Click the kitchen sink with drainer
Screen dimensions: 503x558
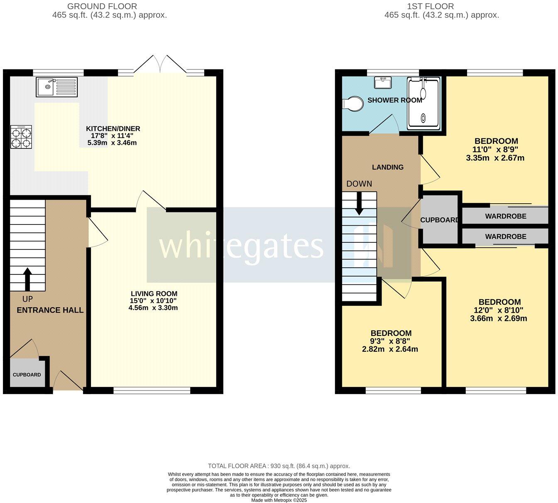tap(56, 86)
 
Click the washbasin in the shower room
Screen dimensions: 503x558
tap(382, 83)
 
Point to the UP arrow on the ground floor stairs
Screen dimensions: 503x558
tap(27, 279)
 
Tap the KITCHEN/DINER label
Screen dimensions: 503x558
tap(113, 128)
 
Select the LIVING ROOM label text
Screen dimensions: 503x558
tap(154, 293)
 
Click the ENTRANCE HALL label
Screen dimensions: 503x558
tap(50, 310)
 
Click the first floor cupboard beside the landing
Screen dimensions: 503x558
tap(439, 220)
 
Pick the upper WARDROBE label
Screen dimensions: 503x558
tap(505, 216)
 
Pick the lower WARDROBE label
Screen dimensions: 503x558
tap(505, 237)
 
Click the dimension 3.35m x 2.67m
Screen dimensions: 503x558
tap(495, 158)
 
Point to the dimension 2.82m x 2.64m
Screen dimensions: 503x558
tap(390, 349)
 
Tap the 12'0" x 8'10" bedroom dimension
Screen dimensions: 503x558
tap(498, 310)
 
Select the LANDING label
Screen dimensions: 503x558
tap(387, 167)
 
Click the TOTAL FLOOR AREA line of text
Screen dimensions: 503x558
tap(279, 466)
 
